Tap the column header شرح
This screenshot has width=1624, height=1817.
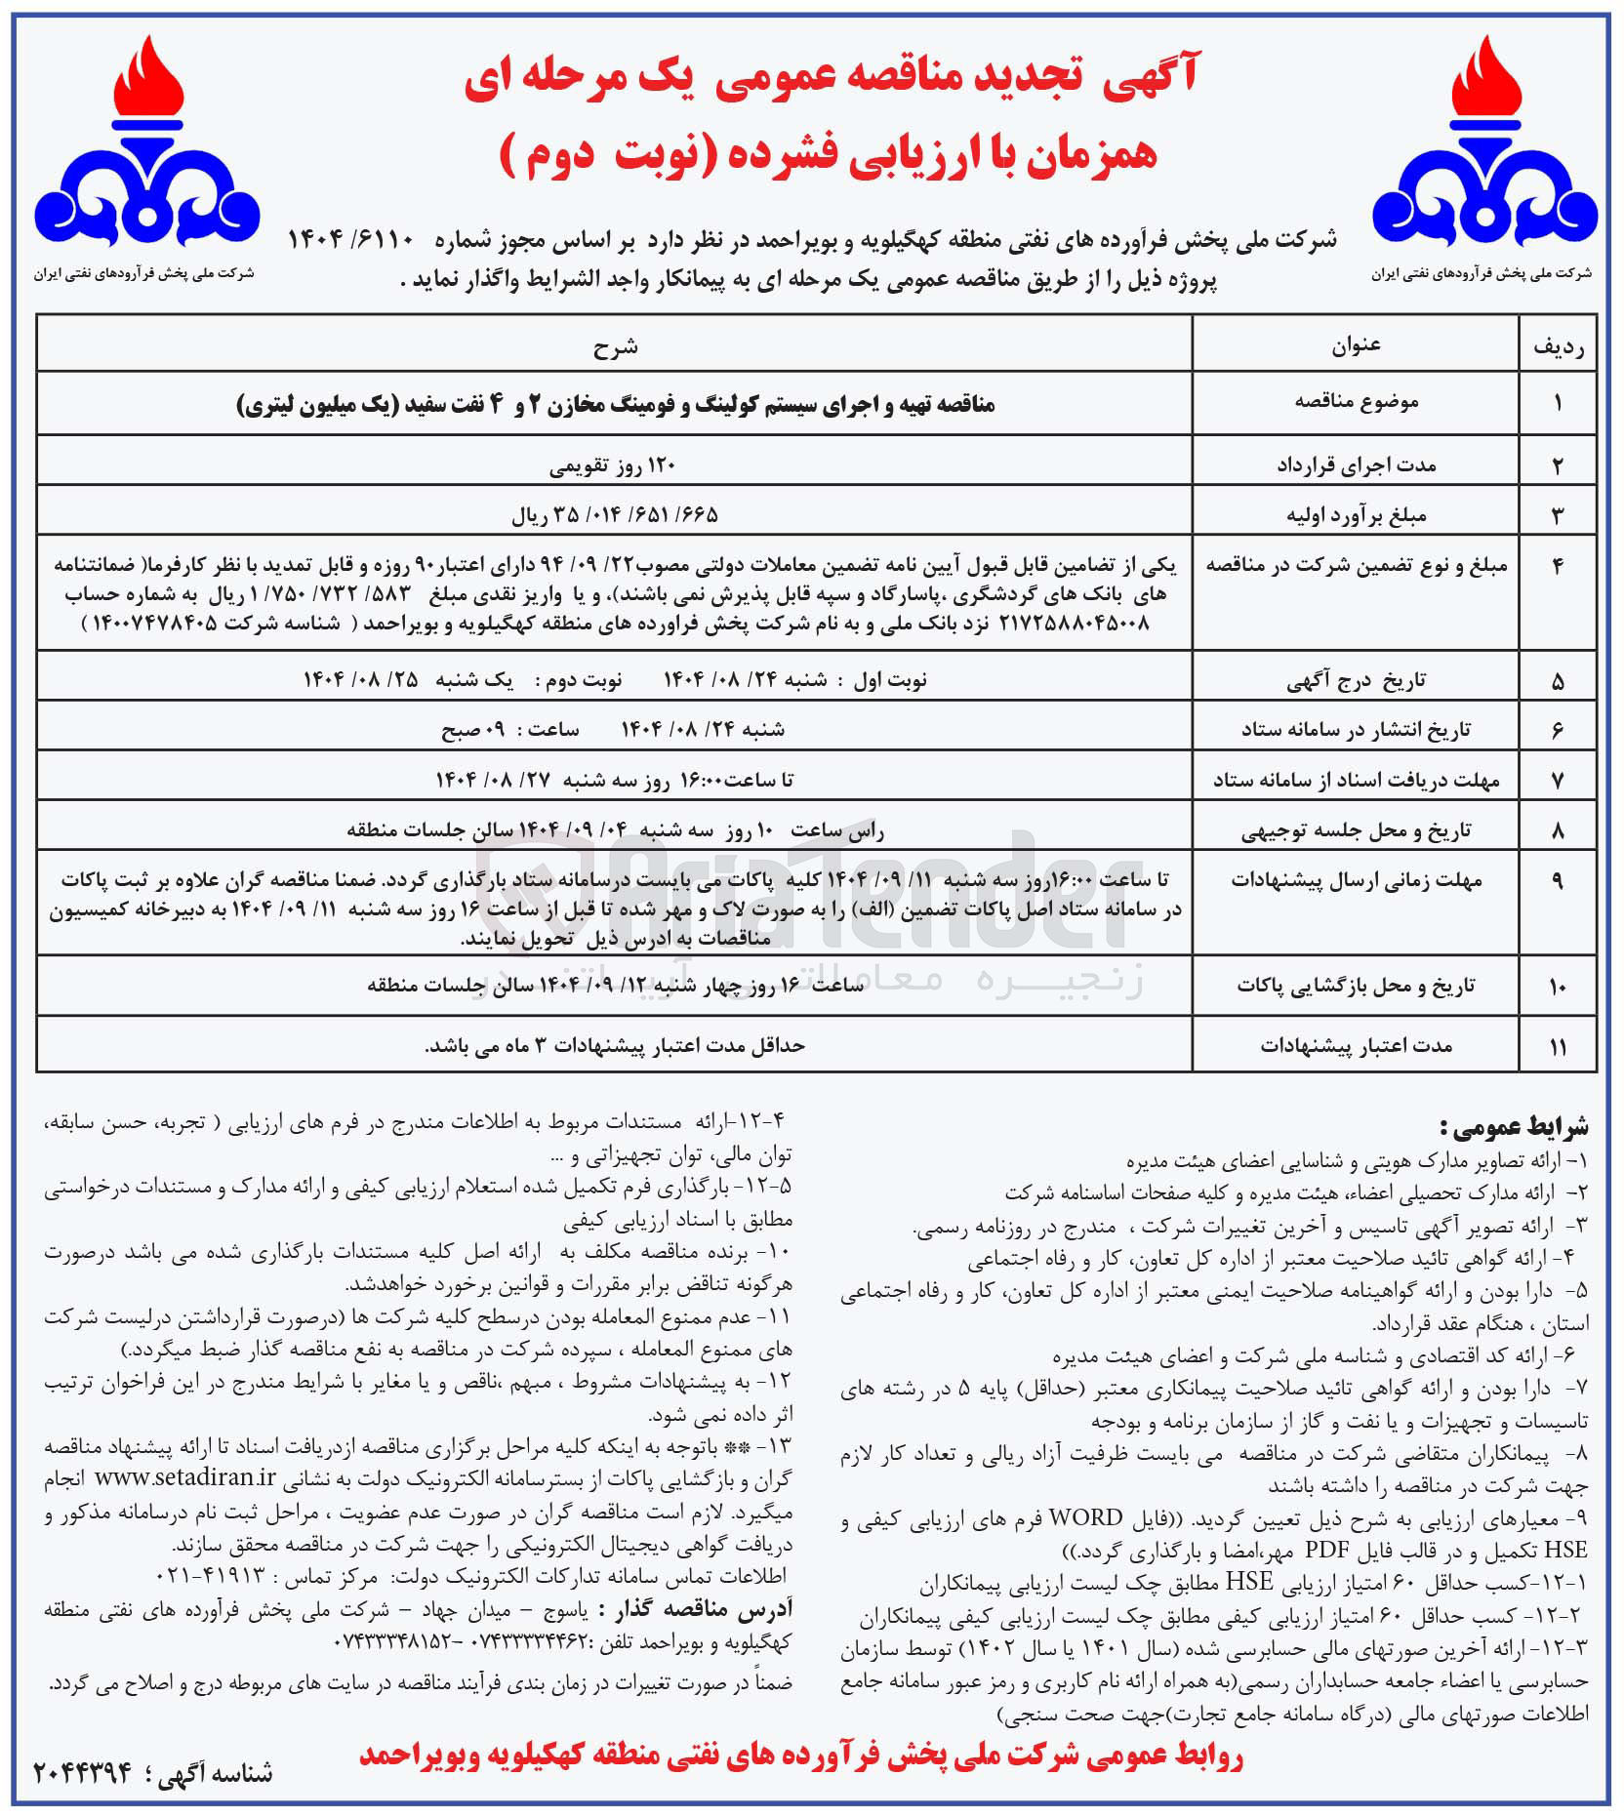click(x=615, y=346)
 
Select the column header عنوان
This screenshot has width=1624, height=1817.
click(x=1356, y=345)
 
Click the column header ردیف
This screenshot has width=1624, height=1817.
click(x=1558, y=346)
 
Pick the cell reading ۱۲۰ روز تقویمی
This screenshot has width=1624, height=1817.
click(x=613, y=465)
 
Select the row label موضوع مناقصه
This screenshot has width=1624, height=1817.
click(x=1356, y=402)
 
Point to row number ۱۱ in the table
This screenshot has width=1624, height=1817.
click(x=1558, y=1046)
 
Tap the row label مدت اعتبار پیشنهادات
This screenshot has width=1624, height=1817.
click(x=1356, y=1046)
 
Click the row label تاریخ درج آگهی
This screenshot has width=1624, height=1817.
click(x=1356, y=681)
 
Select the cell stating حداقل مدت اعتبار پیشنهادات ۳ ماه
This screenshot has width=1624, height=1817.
click(x=615, y=1046)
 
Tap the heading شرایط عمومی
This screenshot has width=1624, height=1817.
click(x=1514, y=1127)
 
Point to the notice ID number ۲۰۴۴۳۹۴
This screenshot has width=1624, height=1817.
click(x=83, y=1772)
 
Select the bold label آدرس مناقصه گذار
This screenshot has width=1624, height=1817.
click(x=693, y=1609)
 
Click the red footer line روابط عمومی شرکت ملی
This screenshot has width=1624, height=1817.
click(x=800, y=1756)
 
